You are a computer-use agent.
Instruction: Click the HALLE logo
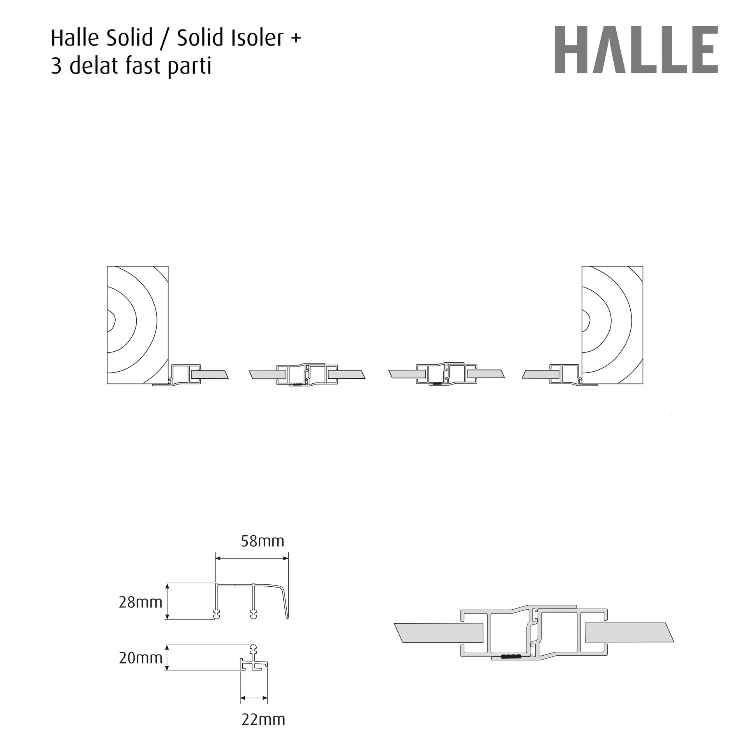(636, 49)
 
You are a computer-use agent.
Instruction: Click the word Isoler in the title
(258, 38)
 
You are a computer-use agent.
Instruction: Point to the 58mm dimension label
(263, 541)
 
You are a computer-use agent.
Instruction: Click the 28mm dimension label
(140, 602)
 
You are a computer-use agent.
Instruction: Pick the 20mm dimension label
(140, 658)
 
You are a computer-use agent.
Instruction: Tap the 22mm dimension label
(263, 719)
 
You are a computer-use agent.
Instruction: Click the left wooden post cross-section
(138, 325)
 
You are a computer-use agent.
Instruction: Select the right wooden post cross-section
(612, 325)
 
